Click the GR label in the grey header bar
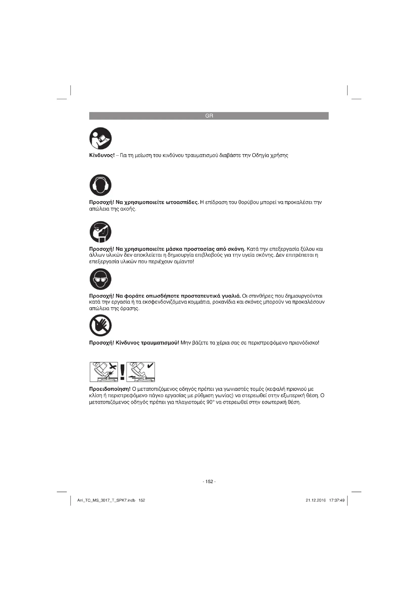[x=209, y=116]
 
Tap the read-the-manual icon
[x=100, y=138]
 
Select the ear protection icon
[x=100, y=185]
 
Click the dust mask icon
[x=100, y=232]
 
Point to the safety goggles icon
[x=100, y=279]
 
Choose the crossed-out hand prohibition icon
[x=100, y=325]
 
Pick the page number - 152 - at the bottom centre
[x=209, y=482]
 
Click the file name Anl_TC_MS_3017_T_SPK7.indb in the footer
[x=106, y=500]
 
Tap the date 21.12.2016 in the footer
[x=316, y=500]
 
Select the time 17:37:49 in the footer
[x=337, y=500]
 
